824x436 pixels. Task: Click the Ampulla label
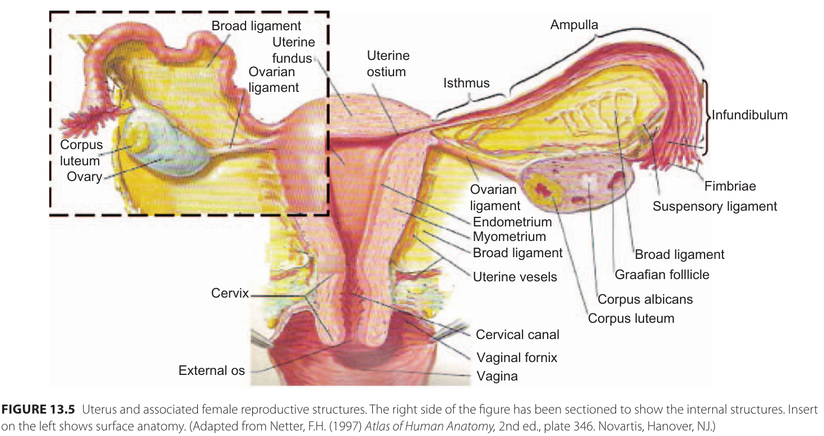[x=574, y=25]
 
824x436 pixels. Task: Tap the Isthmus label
[x=466, y=84]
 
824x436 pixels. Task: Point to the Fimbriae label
[x=730, y=186]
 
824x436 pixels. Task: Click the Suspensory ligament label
[x=715, y=206]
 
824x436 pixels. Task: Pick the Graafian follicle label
[x=662, y=275]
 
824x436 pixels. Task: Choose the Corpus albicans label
[x=645, y=299]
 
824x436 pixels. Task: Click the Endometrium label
[x=512, y=222]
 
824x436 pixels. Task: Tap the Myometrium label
[x=509, y=237]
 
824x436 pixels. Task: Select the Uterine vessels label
[x=515, y=276]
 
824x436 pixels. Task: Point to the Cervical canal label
[x=517, y=335]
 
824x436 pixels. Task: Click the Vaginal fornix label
[x=517, y=358]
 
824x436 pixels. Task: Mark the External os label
[x=211, y=370]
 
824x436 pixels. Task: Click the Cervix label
[x=230, y=293]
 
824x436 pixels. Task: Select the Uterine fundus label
[x=293, y=50]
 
